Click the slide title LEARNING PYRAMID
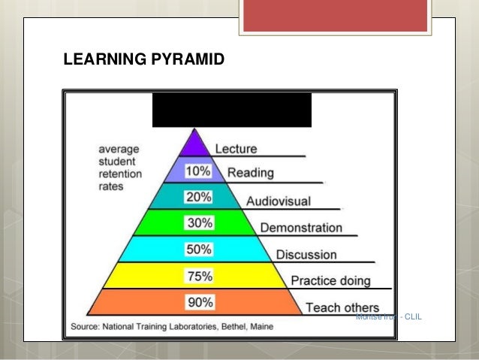coord(143,59)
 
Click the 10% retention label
coord(198,171)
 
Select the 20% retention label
coord(198,197)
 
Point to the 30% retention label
coord(198,223)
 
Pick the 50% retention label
coord(198,250)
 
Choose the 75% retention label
coord(198,276)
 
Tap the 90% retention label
coord(198,302)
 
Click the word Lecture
coord(236,149)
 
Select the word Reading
coord(252,173)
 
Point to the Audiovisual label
coord(278,201)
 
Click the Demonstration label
coord(300,228)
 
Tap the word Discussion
coord(306,255)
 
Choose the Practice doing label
coord(330,281)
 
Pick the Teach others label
coord(342,307)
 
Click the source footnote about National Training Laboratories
coord(173,326)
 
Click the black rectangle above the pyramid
coord(231,110)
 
